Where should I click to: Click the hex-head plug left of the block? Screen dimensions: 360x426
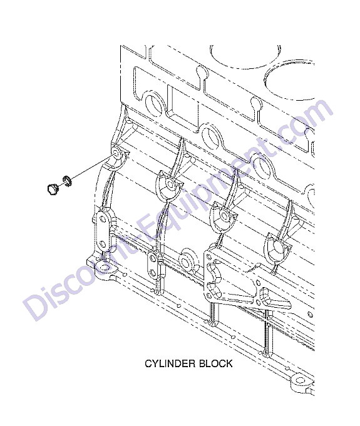click(x=51, y=189)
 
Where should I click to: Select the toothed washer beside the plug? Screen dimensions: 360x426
click(x=66, y=181)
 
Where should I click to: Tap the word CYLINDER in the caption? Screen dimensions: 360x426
click(x=169, y=363)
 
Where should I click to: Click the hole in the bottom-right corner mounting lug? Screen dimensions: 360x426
click(x=299, y=380)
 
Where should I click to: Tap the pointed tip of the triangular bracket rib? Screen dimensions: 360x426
click(x=291, y=303)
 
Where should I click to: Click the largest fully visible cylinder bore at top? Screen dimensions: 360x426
click(x=245, y=56)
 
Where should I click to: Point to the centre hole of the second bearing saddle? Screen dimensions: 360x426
click(x=170, y=184)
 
